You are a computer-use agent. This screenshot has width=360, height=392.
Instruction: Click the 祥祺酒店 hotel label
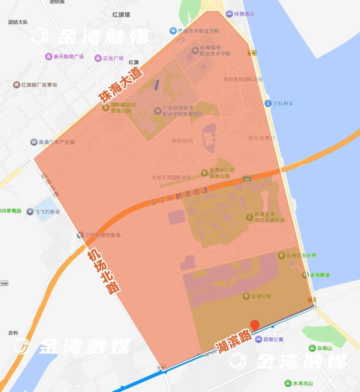pos(244,14)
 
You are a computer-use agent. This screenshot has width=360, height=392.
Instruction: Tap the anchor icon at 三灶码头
pos(268,103)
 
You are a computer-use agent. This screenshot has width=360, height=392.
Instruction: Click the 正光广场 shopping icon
pos(98,58)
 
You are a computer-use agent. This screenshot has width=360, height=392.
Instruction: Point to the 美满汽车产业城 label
pos(56,142)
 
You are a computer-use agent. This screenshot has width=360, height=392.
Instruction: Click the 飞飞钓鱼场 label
pos(47,212)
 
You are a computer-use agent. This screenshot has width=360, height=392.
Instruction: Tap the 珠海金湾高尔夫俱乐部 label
pos(269,217)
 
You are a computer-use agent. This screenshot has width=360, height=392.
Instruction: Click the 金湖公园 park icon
pos(246,296)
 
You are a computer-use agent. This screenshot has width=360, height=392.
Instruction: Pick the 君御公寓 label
pos(273,340)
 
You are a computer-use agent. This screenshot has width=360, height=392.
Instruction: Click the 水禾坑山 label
pos(303,383)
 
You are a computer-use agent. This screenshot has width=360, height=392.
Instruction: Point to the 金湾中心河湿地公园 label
pos(222,173)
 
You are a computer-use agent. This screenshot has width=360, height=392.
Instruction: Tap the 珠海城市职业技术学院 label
pos(215,51)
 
